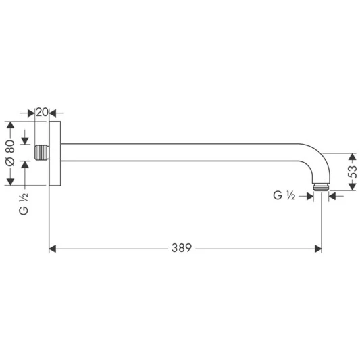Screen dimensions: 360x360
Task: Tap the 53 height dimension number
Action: coord(351,173)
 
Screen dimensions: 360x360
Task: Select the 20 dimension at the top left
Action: coord(42,112)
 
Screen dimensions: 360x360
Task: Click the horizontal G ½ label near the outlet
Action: coord(284,196)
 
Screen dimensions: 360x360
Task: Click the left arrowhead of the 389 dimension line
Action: coord(53,249)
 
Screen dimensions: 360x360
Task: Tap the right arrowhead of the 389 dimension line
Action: coord(317,249)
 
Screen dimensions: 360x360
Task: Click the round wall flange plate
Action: coord(56,153)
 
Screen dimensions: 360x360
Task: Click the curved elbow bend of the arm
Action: coord(314,157)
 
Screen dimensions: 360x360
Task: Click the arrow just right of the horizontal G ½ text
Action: coord(309,196)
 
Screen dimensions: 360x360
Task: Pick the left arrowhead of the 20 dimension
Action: coord(31,112)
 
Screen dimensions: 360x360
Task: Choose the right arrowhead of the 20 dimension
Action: coord(54,112)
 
